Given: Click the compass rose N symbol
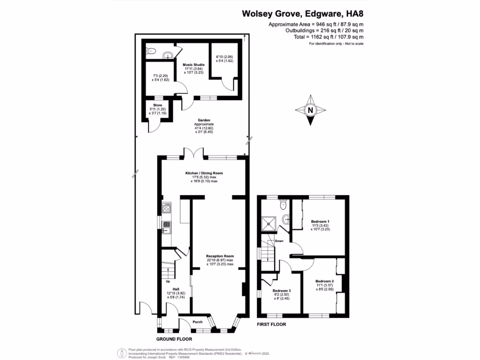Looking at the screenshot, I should pos(310,111).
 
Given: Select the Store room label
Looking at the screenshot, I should pos(157,105).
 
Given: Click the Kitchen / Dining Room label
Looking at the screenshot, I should pos(203,173).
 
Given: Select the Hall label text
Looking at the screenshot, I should pos(176,289).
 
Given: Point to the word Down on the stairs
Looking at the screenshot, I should pos(279,241).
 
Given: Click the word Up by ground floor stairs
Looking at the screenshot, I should pos(167,282).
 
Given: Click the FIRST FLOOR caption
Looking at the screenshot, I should pos(271,324).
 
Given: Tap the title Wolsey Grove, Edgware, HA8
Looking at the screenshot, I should pos(303,14).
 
